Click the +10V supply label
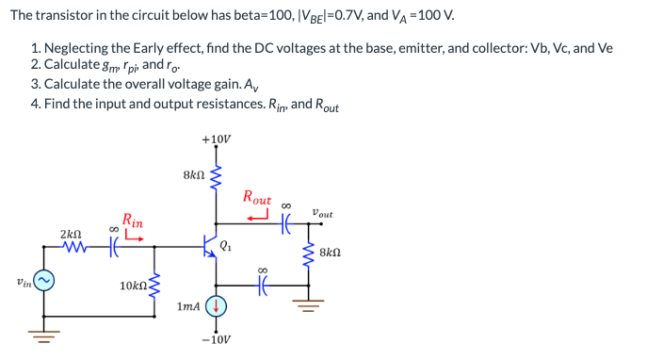(x=217, y=139)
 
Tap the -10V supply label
(x=217, y=339)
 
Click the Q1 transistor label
(x=226, y=247)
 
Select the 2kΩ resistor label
(x=72, y=233)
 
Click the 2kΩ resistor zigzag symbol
(x=73, y=249)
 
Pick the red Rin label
(x=132, y=222)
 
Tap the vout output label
(x=322, y=213)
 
